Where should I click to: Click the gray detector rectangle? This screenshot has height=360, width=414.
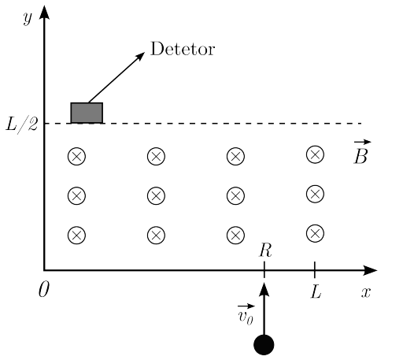[87, 113]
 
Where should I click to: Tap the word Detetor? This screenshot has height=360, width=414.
[183, 49]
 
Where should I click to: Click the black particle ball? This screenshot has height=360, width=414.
[264, 345]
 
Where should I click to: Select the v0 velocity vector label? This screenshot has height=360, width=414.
[246, 314]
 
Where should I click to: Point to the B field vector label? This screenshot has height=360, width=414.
[362, 152]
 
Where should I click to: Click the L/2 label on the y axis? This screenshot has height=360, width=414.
[22, 124]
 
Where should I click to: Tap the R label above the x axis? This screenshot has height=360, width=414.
[265, 250]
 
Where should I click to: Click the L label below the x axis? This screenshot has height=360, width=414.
[316, 292]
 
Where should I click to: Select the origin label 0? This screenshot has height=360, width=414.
[44, 289]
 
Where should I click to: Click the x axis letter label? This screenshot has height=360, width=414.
[366, 292]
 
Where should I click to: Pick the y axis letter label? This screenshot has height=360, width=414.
[28, 18]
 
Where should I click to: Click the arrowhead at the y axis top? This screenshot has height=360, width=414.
[44, 12]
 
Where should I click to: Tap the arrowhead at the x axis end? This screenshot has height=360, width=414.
[370, 270]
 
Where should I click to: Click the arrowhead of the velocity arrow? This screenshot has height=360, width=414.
[264, 289]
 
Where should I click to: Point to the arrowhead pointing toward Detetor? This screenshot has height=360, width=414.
[140, 56]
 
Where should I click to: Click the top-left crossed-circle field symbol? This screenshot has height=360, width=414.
[76, 156]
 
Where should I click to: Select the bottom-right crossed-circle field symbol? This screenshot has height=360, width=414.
[315, 233]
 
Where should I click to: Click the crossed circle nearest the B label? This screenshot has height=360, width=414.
[315, 154]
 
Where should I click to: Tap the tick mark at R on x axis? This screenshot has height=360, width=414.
[264, 270]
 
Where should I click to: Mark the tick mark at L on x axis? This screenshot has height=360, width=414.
[315, 270]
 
